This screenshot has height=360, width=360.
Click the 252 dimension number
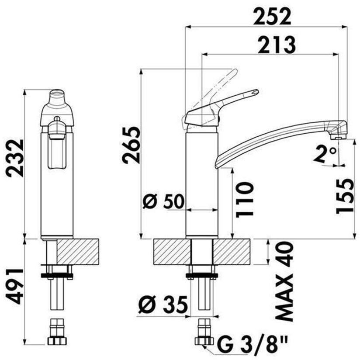pyautogui.click(x=272, y=17)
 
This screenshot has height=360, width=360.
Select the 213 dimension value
pyautogui.click(x=277, y=45)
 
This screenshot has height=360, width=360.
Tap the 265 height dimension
pyautogui.click(x=131, y=145)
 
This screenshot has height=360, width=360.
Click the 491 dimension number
pyautogui.click(x=15, y=287)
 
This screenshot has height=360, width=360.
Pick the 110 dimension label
pyautogui.click(x=245, y=199)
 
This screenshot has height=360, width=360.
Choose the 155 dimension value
pyautogui.click(x=345, y=196)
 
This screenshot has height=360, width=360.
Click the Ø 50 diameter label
pyautogui.click(x=163, y=201)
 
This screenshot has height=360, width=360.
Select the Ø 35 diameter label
pyautogui.click(x=163, y=304)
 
